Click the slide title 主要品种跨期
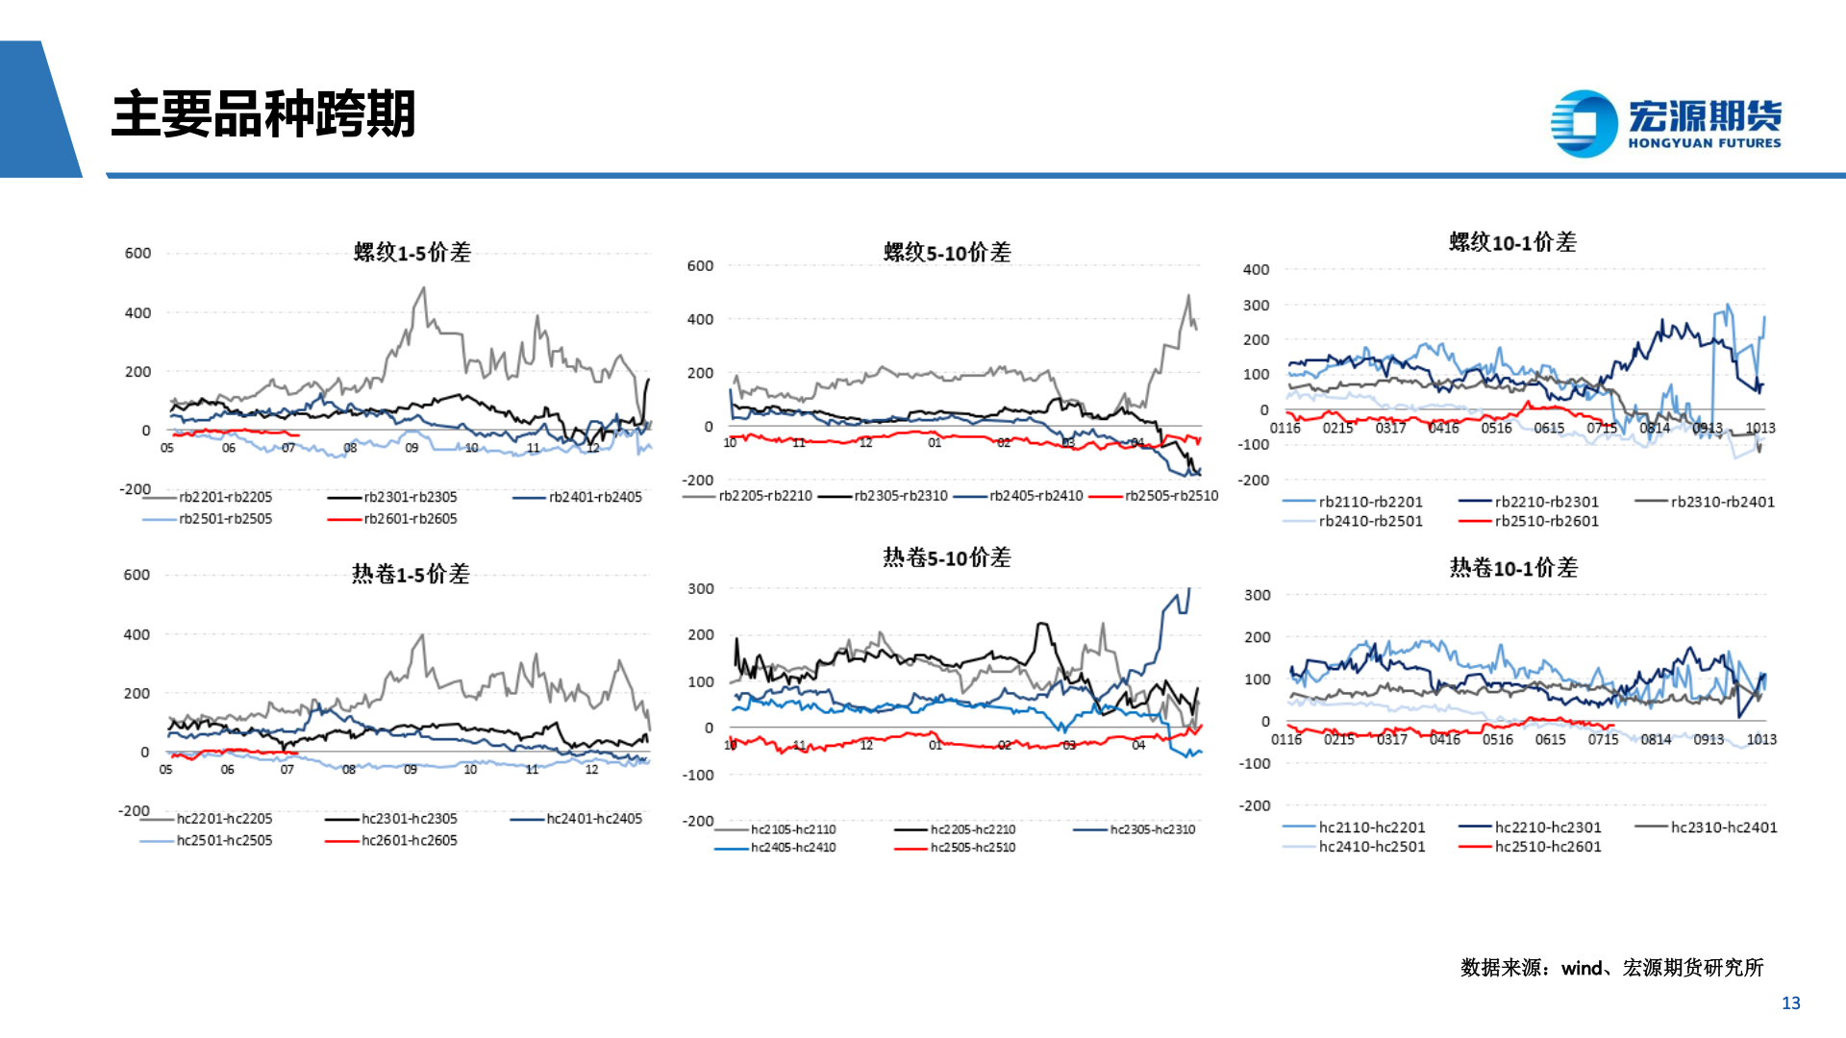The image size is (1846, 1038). (x=262, y=114)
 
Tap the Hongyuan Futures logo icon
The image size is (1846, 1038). (x=1584, y=123)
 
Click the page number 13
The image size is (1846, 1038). (x=1790, y=1003)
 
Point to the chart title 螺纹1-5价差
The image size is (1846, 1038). (x=412, y=253)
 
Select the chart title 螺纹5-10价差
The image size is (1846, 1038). (x=947, y=253)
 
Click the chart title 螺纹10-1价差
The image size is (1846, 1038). (x=1512, y=242)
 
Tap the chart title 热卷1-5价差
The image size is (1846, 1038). (x=411, y=575)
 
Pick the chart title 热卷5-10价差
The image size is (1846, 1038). (x=947, y=557)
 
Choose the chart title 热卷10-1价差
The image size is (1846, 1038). (x=1513, y=568)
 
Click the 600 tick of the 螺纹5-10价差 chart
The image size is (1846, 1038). (x=700, y=266)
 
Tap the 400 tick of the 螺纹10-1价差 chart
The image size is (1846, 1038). (x=1256, y=270)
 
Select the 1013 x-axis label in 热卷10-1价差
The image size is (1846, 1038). (x=1761, y=739)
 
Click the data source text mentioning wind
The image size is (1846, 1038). (x=1611, y=968)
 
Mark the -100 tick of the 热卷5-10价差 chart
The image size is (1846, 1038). (x=698, y=775)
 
